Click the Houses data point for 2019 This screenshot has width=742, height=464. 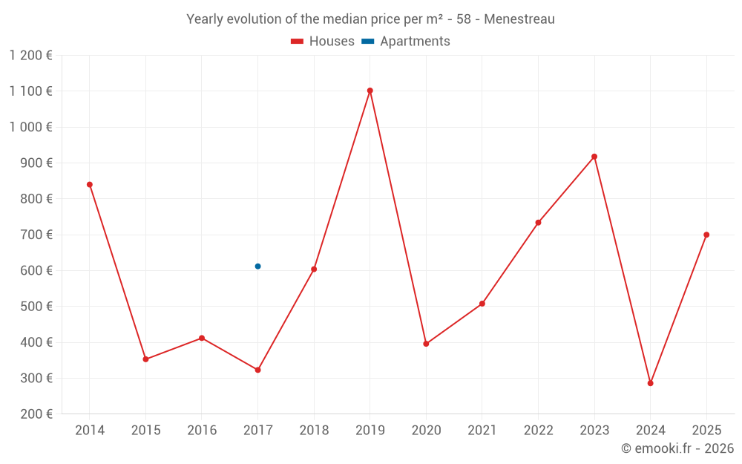click(x=370, y=91)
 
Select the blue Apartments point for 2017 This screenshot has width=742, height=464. click(x=257, y=266)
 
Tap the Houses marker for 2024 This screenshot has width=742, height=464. click(x=650, y=383)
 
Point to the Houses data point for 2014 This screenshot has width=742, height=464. click(x=90, y=184)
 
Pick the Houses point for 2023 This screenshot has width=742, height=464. click(x=594, y=157)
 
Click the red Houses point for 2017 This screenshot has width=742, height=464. click(x=257, y=370)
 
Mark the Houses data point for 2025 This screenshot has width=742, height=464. click(x=706, y=235)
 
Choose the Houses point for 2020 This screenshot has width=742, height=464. click(x=426, y=344)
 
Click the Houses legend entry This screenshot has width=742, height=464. click(x=323, y=42)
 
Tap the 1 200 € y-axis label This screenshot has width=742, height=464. click(x=31, y=55)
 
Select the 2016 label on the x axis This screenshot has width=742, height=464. click(x=202, y=431)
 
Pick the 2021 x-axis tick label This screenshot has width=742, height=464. click(x=482, y=431)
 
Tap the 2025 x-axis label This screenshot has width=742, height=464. click(x=706, y=431)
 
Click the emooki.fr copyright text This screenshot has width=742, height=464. click(x=677, y=448)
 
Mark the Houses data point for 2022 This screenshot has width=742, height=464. click(x=538, y=223)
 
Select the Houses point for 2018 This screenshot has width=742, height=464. click(x=314, y=269)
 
